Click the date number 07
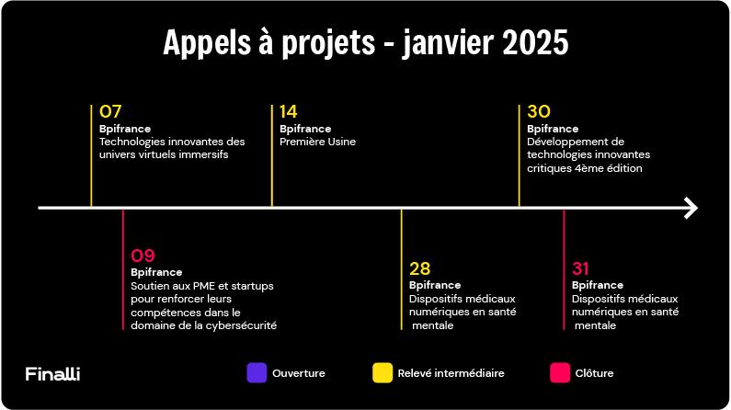tap(110, 111)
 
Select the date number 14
tap(288, 111)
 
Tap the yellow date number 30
tap(539, 111)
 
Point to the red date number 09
tap(143, 256)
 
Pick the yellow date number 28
tap(420, 268)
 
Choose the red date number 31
tap(580, 268)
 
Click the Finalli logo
tap(52, 373)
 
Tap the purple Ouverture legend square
tap(257, 372)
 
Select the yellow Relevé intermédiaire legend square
tap(383, 372)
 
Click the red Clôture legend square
tap(560, 372)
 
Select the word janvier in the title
tap(448, 43)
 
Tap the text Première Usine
tap(317, 142)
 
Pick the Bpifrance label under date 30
tap(553, 129)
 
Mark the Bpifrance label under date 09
tap(156, 272)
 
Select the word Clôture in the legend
tap(594, 373)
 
